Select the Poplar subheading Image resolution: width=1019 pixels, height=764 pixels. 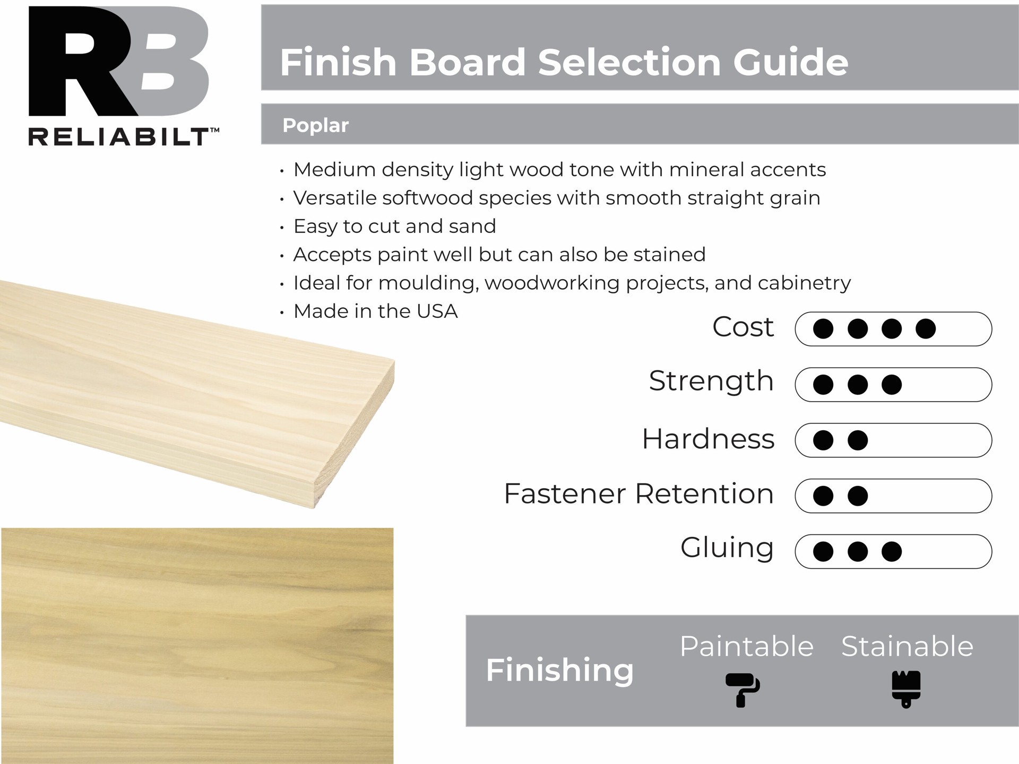(x=315, y=126)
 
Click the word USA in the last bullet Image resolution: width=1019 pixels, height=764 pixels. (x=437, y=311)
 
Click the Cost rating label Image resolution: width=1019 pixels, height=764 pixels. (x=742, y=327)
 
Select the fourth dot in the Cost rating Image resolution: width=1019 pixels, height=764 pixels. (x=926, y=329)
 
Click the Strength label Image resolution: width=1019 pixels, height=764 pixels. (x=711, y=382)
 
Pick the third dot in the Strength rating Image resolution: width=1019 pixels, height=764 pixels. (x=892, y=385)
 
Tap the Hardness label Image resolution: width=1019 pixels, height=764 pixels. (x=708, y=439)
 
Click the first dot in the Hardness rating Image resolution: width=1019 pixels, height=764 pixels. (x=823, y=440)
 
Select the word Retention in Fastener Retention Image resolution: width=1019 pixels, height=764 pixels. (x=704, y=494)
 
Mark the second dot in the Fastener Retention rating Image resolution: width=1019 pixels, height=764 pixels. (x=858, y=496)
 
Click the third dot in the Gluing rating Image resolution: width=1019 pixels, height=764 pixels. (x=892, y=552)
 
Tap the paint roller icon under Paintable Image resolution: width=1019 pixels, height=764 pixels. (x=742, y=690)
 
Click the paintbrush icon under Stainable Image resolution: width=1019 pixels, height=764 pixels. (x=906, y=689)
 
